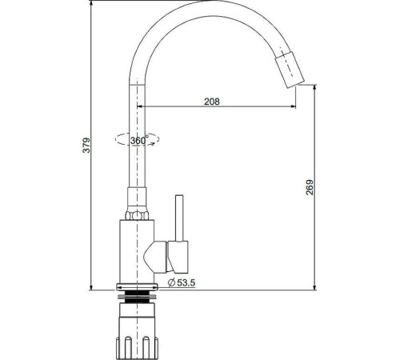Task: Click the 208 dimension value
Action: pyautogui.click(x=212, y=102)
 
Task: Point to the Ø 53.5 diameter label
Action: pyautogui.click(x=182, y=282)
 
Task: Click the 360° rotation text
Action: pyautogui.click(x=138, y=140)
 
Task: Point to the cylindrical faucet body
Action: pyautogui.click(x=137, y=251)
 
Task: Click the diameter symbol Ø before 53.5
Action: pyautogui.click(x=170, y=282)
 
